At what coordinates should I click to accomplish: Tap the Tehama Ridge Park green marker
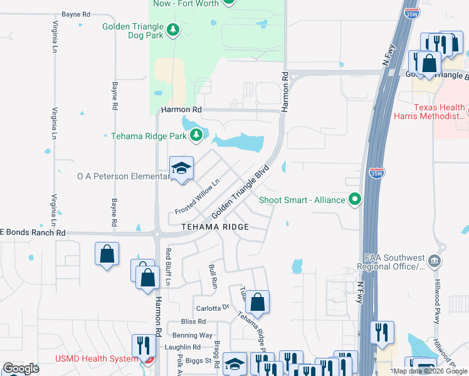click(x=196, y=135)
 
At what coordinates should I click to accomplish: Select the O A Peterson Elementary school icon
click(x=182, y=168)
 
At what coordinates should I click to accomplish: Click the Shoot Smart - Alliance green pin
click(x=356, y=200)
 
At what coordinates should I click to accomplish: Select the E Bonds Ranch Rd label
click(x=33, y=232)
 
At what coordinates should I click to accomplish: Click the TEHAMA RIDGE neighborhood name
click(x=215, y=227)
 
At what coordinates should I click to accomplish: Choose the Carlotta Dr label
click(x=213, y=308)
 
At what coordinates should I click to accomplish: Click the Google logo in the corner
click(x=21, y=368)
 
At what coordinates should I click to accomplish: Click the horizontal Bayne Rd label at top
click(x=76, y=13)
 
